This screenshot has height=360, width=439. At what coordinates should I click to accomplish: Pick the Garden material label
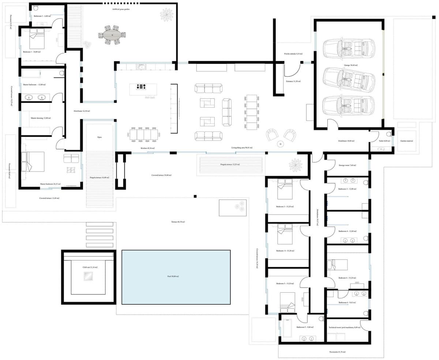pyautogui.click(x=407, y=140)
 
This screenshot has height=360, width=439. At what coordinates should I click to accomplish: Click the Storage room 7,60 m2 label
pyautogui.click(x=347, y=165)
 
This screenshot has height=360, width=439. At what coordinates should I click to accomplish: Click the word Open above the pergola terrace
pyautogui.click(x=99, y=137)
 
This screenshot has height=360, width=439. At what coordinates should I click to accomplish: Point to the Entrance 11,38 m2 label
pyautogui.click(x=293, y=81)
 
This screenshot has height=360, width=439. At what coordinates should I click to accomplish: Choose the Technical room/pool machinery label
pyautogui.click(x=344, y=327)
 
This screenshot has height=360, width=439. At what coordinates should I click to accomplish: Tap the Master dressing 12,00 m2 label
pyautogui.click(x=41, y=118)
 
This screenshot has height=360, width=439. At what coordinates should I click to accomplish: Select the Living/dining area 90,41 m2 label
pyautogui.click(x=242, y=148)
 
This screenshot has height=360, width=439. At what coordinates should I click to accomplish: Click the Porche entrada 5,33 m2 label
pyautogui.click(x=293, y=54)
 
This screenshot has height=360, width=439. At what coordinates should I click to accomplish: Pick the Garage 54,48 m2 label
pyautogui.click(x=350, y=65)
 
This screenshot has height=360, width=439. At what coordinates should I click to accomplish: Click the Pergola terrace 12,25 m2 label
pyautogui.click(x=230, y=164)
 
